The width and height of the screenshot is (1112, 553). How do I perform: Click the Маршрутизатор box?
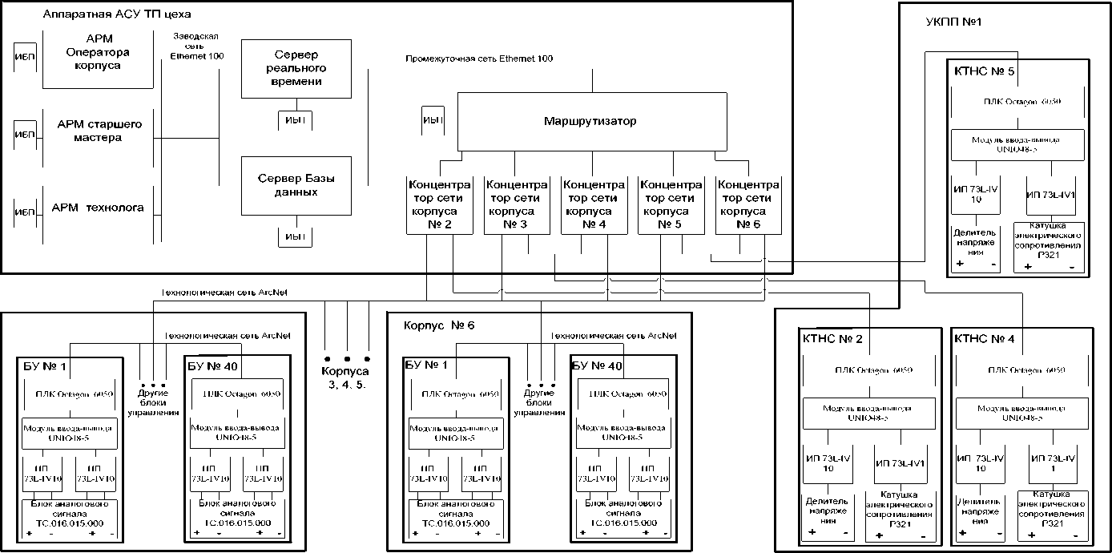(x=590, y=122)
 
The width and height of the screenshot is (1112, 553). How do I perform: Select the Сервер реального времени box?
(x=296, y=69)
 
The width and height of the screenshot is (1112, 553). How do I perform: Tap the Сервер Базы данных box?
(x=296, y=186)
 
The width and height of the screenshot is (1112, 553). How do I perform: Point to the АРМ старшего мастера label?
(x=99, y=131)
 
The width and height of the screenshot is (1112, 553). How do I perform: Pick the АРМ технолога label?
(x=98, y=208)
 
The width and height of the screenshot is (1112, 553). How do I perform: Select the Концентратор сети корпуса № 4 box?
(x=594, y=204)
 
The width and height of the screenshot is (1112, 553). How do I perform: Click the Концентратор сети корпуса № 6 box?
(x=747, y=204)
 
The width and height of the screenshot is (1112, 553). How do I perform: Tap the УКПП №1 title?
(x=953, y=20)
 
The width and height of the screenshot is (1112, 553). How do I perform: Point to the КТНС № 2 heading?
(x=832, y=339)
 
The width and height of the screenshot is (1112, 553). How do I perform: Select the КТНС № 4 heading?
(x=985, y=339)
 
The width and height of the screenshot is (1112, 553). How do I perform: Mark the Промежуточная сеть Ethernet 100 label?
(x=478, y=59)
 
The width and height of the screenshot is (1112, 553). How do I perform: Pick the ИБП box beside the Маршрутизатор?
(x=433, y=121)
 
